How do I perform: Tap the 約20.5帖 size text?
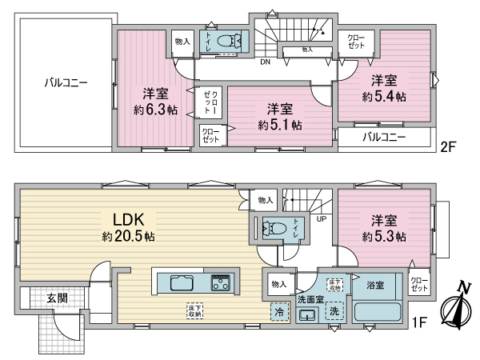tap(128, 237)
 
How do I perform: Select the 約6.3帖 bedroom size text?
tap(149, 110)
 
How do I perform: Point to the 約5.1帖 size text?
tap(280, 126)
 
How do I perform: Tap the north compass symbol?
tap(453, 308)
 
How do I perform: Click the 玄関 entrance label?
tap(57, 298)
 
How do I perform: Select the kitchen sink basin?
tap(179, 283)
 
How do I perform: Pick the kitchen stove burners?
tap(221, 283)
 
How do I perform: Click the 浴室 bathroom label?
tap(375, 284)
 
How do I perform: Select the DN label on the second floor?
tap(264, 60)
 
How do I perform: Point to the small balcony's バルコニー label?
tap(384, 137)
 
